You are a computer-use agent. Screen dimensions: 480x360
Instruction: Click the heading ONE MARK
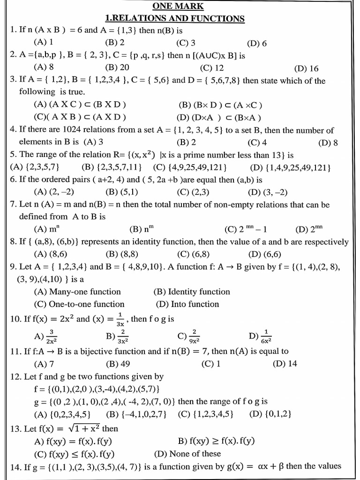tap(178, 6)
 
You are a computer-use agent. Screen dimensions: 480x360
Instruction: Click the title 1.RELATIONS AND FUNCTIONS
tap(174, 18)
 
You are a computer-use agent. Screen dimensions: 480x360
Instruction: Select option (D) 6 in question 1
tap(257, 44)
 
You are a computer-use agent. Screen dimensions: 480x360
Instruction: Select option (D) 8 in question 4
tap(328, 143)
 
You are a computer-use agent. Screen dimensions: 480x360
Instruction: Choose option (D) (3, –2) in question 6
tap(268, 192)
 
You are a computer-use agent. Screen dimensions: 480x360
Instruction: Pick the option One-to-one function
tap(79, 304)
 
